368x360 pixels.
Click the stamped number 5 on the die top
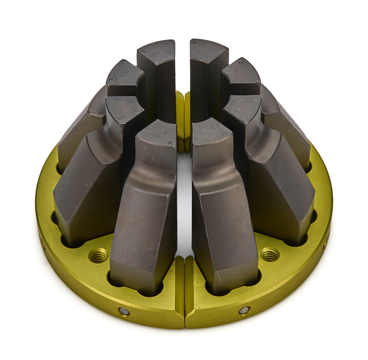click(x=194, y=42)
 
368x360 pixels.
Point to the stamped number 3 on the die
click(x=114, y=79)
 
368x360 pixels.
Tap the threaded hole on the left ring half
click(x=99, y=255)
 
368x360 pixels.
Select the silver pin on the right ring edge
click(x=244, y=310)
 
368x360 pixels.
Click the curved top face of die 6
click(x=241, y=74)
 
